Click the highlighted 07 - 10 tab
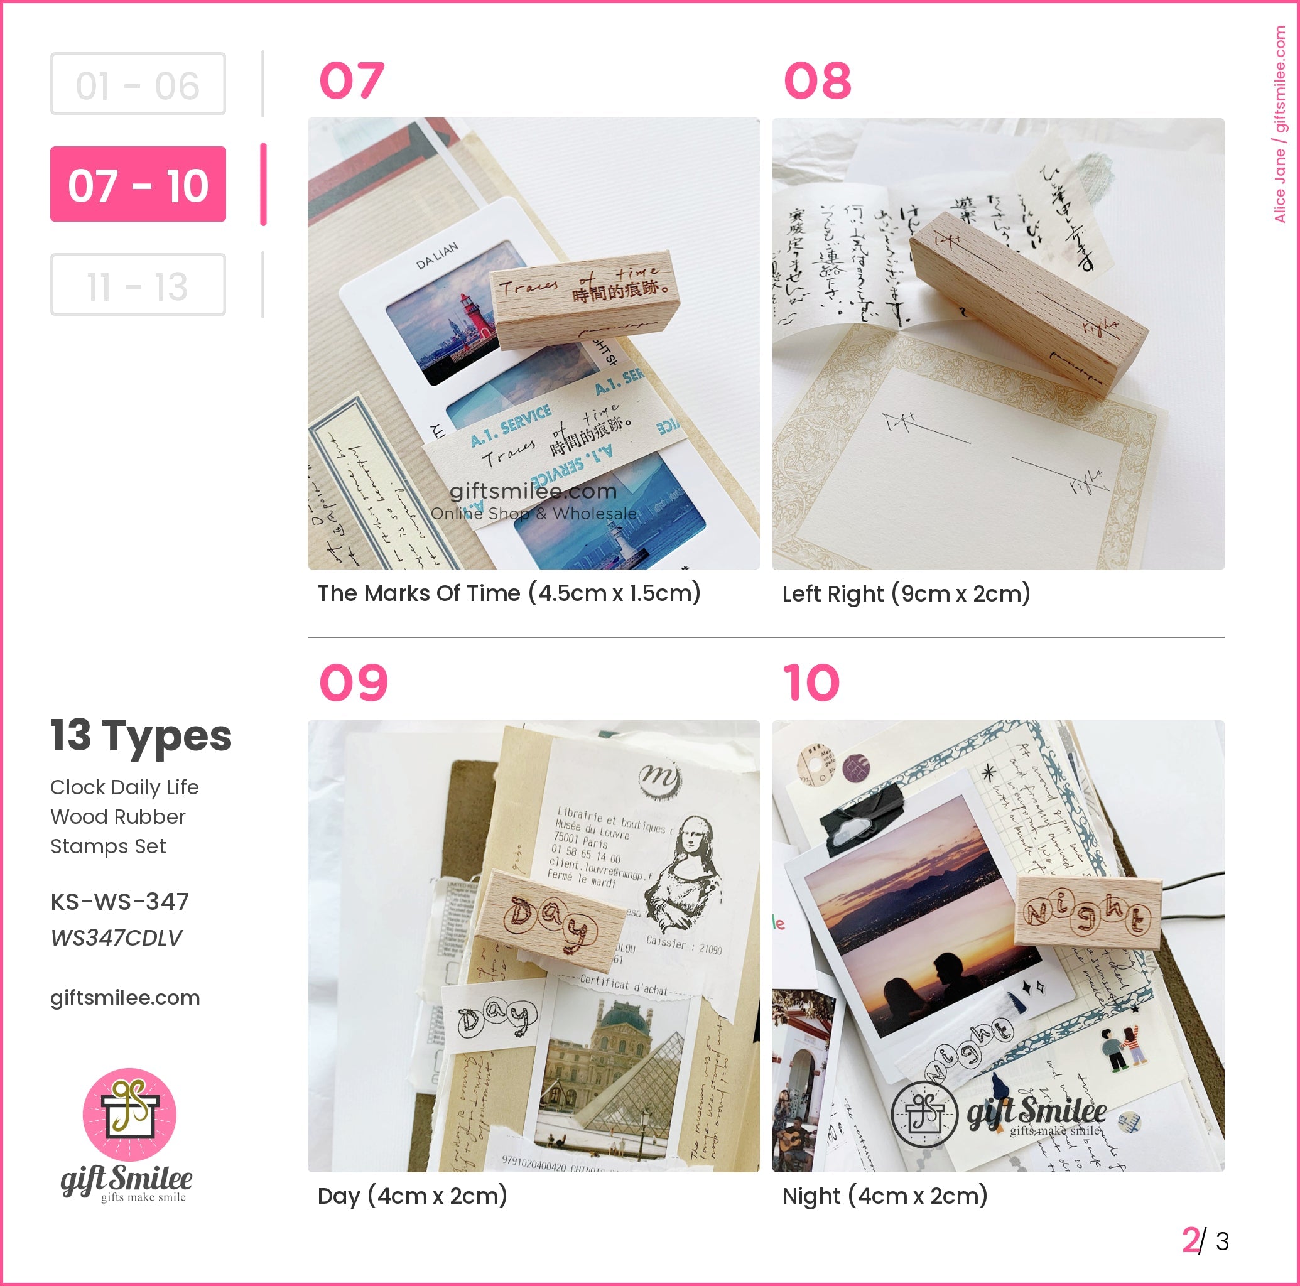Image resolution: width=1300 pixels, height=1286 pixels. [x=138, y=184]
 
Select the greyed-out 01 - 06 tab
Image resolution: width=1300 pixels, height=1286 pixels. [x=138, y=84]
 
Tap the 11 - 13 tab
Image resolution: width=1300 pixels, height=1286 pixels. [x=138, y=284]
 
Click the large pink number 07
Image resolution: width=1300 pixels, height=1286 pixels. [x=352, y=81]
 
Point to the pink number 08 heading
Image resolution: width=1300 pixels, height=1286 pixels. [x=818, y=81]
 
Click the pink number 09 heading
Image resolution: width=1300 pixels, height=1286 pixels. [x=353, y=683]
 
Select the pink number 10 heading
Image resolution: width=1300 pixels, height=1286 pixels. [x=811, y=683]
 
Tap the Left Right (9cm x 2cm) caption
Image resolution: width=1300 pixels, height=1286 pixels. [x=906, y=593]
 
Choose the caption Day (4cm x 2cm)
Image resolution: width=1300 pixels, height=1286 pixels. [x=412, y=1196]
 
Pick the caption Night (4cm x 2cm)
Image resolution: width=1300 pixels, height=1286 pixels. [x=884, y=1196]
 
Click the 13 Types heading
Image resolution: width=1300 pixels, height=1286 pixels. [x=141, y=735]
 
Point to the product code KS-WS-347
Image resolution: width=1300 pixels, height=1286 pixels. [x=120, y=901]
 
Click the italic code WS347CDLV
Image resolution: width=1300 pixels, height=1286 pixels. [x=116, y=937]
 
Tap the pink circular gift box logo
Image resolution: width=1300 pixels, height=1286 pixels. [x=129, y=1115]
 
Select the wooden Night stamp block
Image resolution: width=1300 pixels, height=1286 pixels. [x=1087, y=912]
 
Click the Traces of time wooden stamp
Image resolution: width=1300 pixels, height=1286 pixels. [x=584, y=300]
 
